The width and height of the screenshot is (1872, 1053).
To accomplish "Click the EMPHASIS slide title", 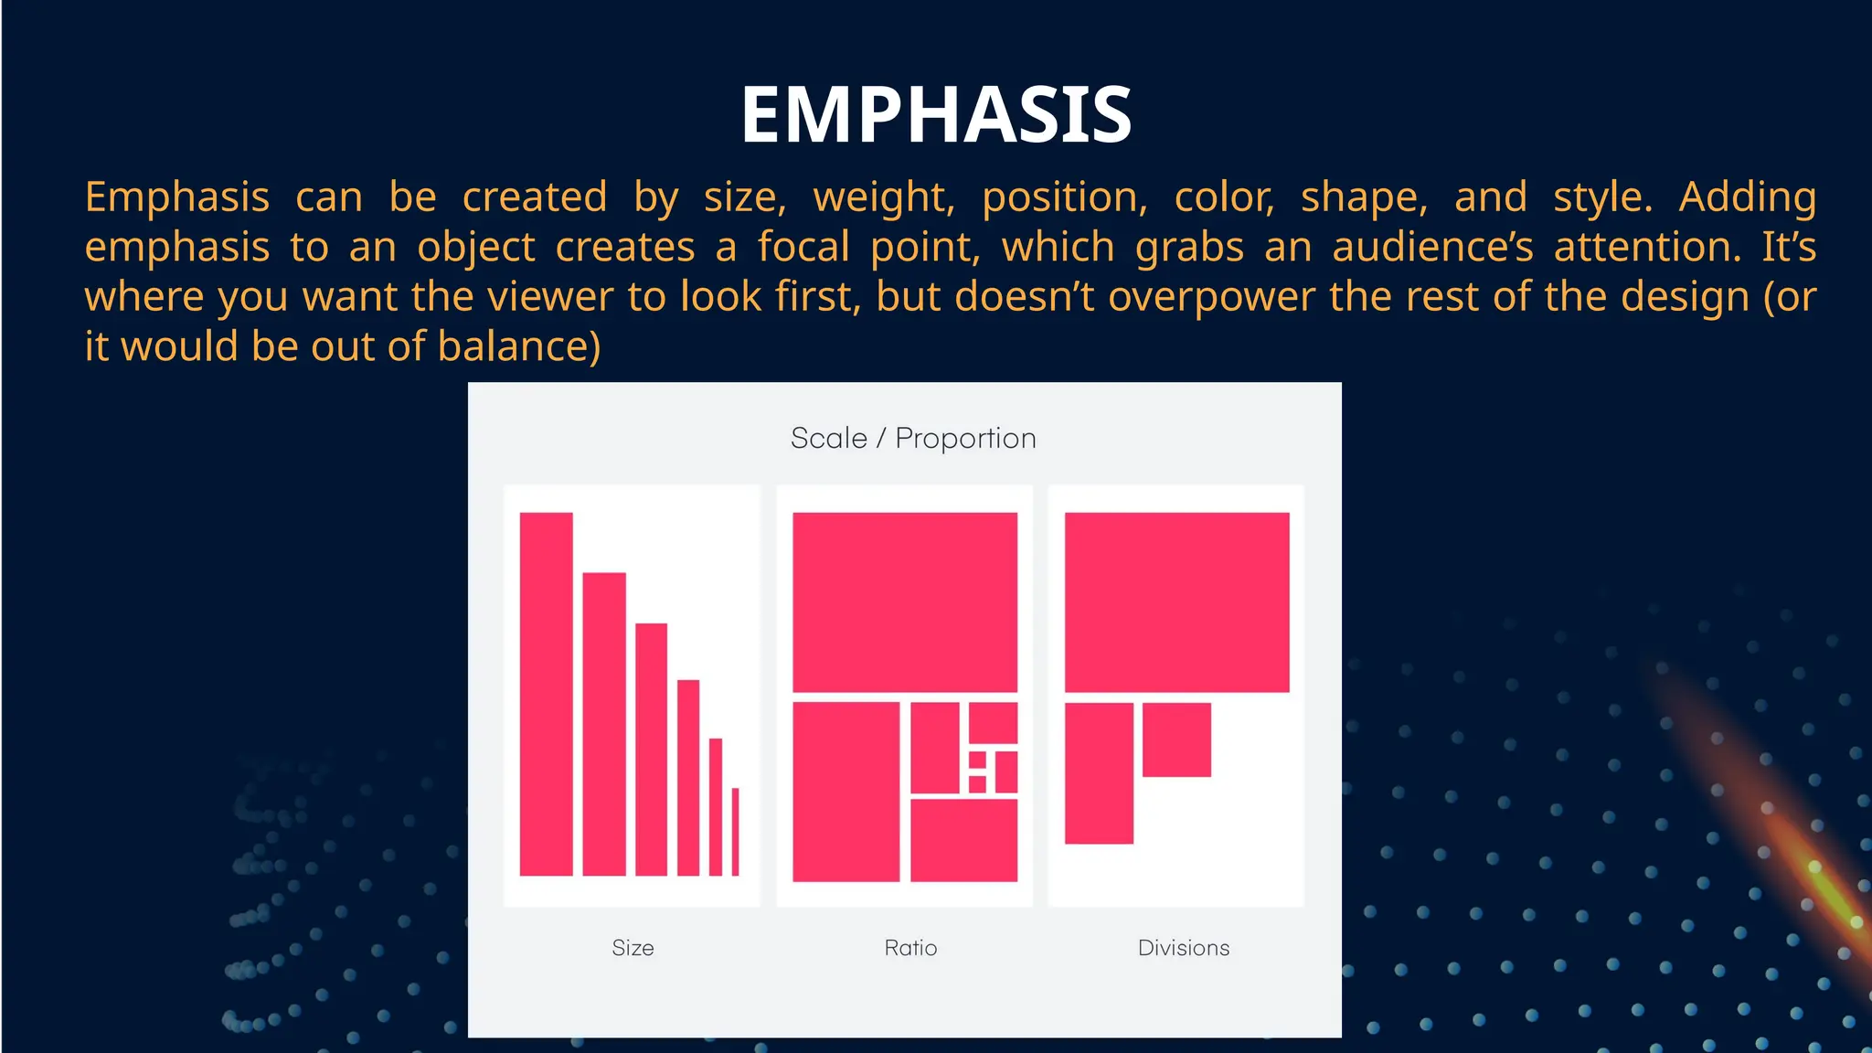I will [x=936, y=115].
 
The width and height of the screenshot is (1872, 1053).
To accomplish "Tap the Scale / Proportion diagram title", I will [x=912, y=439].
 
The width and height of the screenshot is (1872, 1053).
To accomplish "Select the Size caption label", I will [x=633, y=948].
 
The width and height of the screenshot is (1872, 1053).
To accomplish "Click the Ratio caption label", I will [x=910, y=948].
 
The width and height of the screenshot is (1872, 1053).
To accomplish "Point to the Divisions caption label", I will [x=1183, y=948].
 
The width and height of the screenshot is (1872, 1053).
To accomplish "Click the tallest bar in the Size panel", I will [x=546, y=695].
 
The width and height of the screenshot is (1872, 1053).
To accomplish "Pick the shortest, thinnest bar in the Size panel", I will [x=735, y=832].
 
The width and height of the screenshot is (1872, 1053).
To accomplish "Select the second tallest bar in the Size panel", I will [x=603, y=724].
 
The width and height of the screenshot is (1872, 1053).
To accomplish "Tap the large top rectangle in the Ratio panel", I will [x=904, y=602].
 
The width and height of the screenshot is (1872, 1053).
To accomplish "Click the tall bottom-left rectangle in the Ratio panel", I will [x=846, y=792].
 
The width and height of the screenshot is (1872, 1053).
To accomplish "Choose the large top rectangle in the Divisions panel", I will [x=1176, y=602].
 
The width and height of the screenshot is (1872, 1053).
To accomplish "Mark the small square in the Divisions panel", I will [x=1176, y=739].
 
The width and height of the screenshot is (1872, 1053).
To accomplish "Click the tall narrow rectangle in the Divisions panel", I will [x=1099, y=773].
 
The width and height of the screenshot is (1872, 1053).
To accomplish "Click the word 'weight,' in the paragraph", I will [x=884, y=197].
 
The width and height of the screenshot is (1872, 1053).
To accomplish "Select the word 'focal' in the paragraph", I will [x=803, y=248].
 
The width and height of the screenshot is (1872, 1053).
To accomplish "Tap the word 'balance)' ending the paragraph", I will [x=518, y=347].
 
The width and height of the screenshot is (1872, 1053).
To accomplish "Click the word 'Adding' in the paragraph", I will [x=1747, y=197].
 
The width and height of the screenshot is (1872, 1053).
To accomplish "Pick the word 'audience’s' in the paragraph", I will [x=1432, y=248].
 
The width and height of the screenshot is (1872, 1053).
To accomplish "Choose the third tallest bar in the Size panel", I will [x=651, y=750].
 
